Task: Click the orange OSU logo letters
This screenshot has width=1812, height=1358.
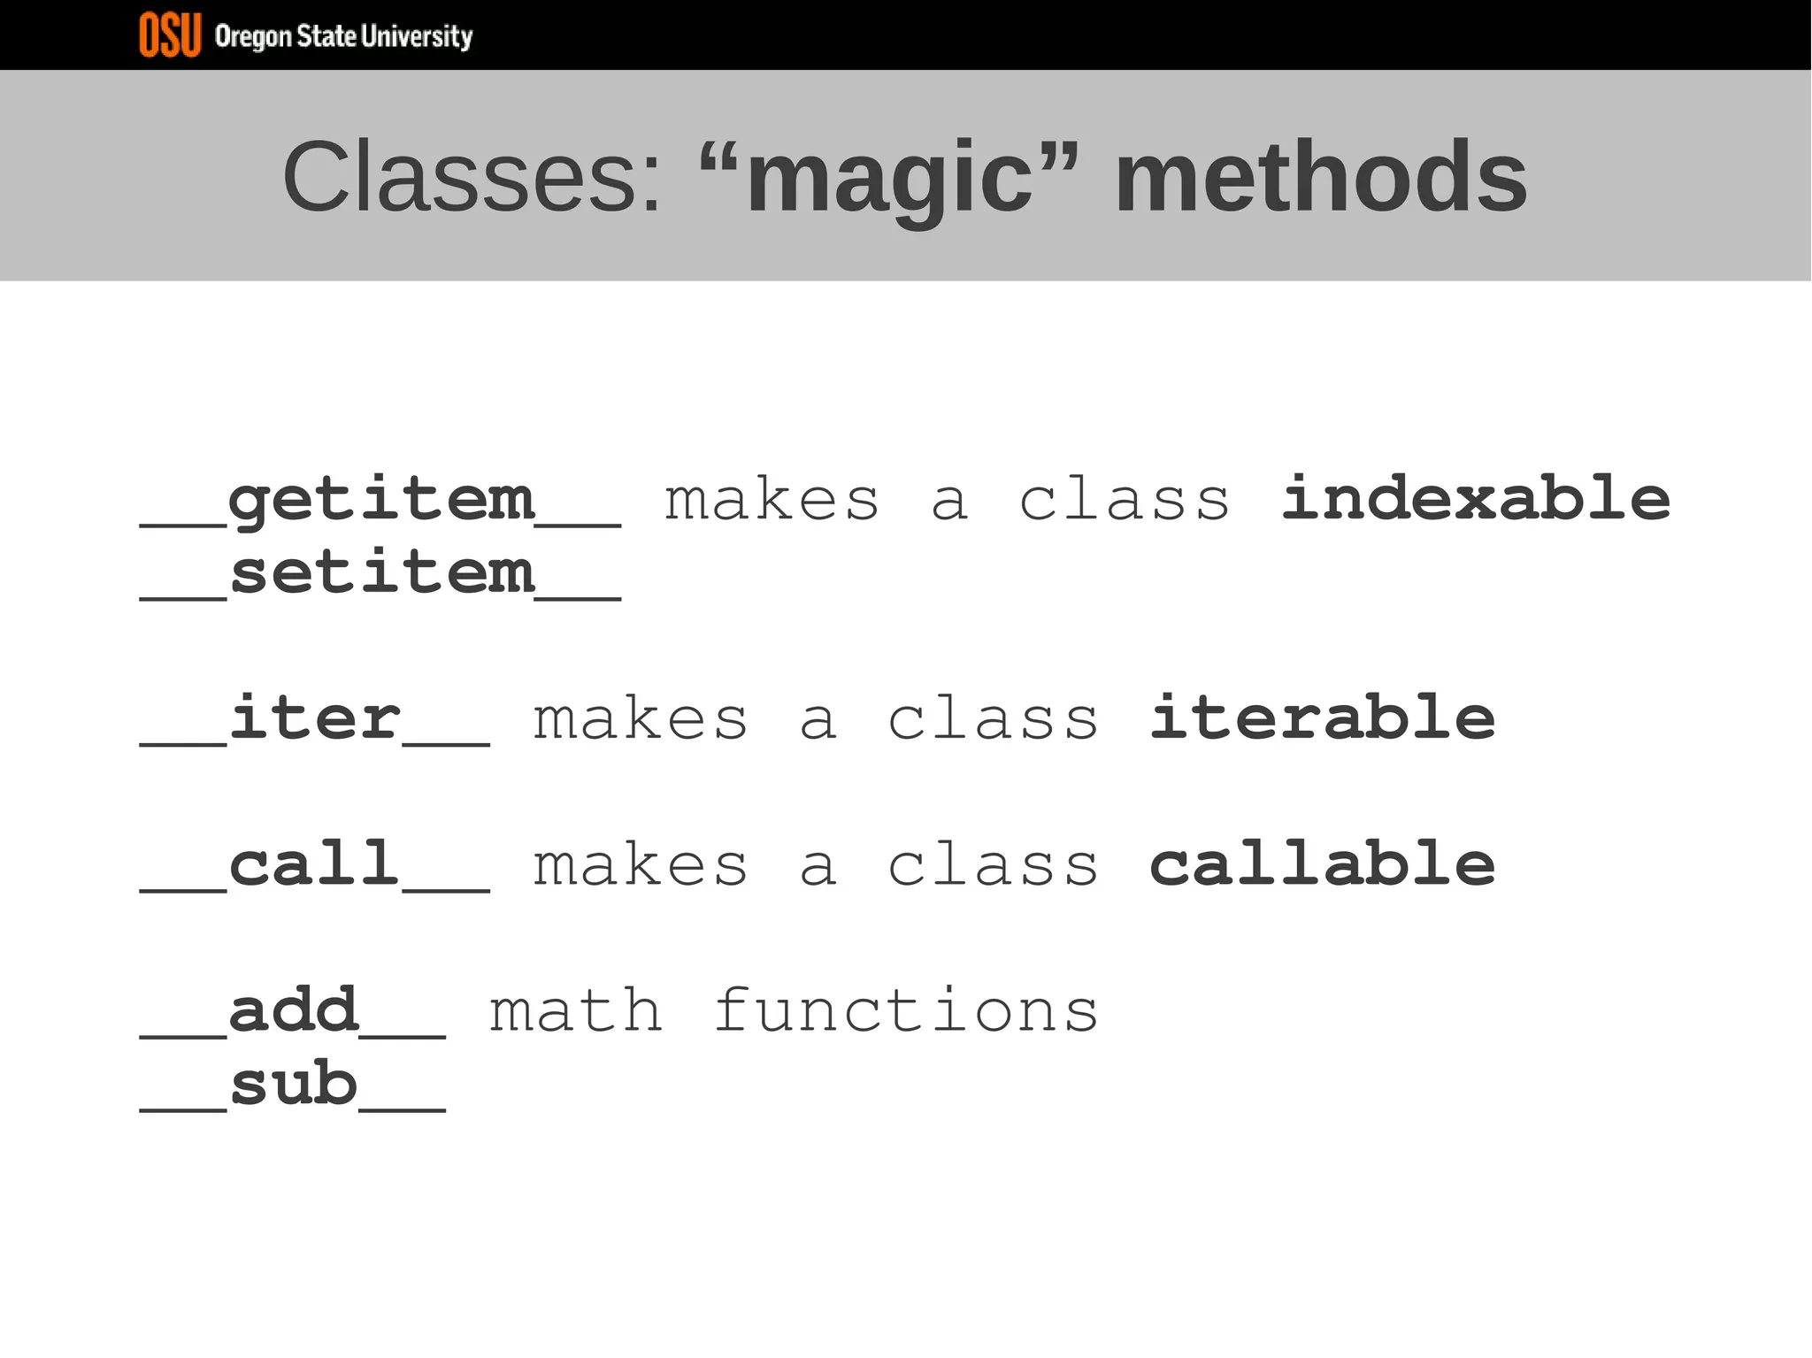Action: (170, 35)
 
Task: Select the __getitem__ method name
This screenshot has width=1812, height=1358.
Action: (380, 501)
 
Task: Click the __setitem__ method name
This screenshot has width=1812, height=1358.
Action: (380, 573)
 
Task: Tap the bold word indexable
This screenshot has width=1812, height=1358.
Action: (1476, 499)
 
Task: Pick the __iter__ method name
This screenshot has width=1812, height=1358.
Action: (315, 718)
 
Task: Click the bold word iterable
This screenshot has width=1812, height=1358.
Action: (1322, 718)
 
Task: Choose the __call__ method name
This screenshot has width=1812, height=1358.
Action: (315, 864)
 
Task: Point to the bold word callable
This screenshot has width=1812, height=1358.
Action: (1322, 864)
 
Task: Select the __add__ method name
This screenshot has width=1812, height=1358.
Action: (293, 1010)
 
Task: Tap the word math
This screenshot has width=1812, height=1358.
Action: (576, 1010)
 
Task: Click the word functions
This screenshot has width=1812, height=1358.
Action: (906, 1010)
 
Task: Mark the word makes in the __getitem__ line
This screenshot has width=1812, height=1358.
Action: (772, 501)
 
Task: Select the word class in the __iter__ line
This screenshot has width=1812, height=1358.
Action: (993, 718)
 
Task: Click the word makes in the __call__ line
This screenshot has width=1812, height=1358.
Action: (641, 864)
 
